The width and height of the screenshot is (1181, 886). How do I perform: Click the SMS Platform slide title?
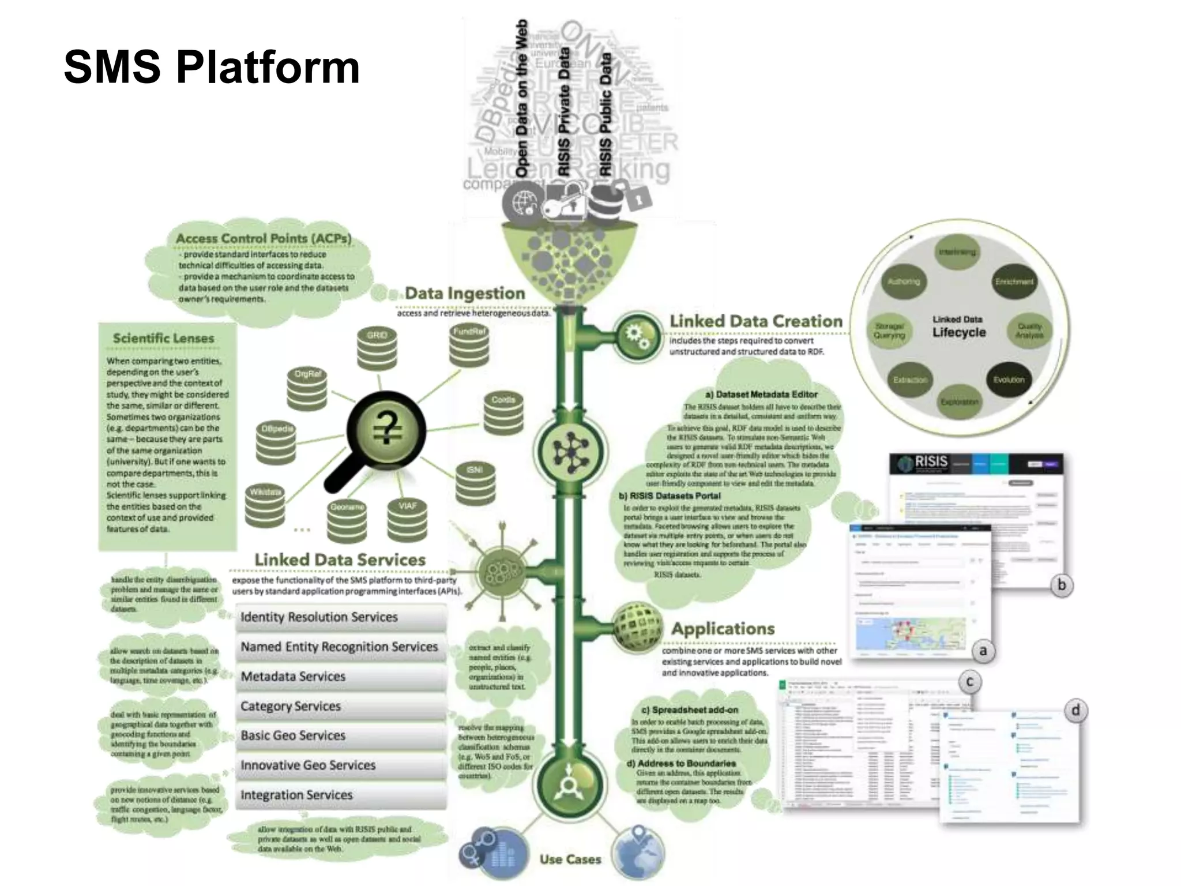pos(212,67)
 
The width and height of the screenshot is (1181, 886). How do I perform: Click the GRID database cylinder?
pos(377,349)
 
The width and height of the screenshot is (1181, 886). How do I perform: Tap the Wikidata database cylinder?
pos(265,506)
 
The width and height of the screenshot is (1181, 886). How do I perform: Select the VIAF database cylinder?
pos(407,519)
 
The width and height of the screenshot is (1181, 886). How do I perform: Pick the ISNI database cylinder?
pos(475,483)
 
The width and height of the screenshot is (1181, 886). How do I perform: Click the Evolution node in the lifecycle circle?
pos(1009,380)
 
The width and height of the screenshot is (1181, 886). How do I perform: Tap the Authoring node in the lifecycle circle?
pos(904,281)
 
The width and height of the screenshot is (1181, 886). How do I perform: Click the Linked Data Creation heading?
pos(755,321)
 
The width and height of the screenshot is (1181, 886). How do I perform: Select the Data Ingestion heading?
pos(465,293)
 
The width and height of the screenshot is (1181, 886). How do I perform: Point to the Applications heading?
pos(723,629)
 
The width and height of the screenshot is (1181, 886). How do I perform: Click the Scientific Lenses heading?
pos(163,339)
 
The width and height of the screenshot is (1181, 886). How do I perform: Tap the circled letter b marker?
pos(1062,585)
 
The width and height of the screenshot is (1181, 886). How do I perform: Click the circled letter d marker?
pos(1075,710)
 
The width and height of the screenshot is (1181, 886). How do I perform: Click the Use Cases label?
pos(570,859)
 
